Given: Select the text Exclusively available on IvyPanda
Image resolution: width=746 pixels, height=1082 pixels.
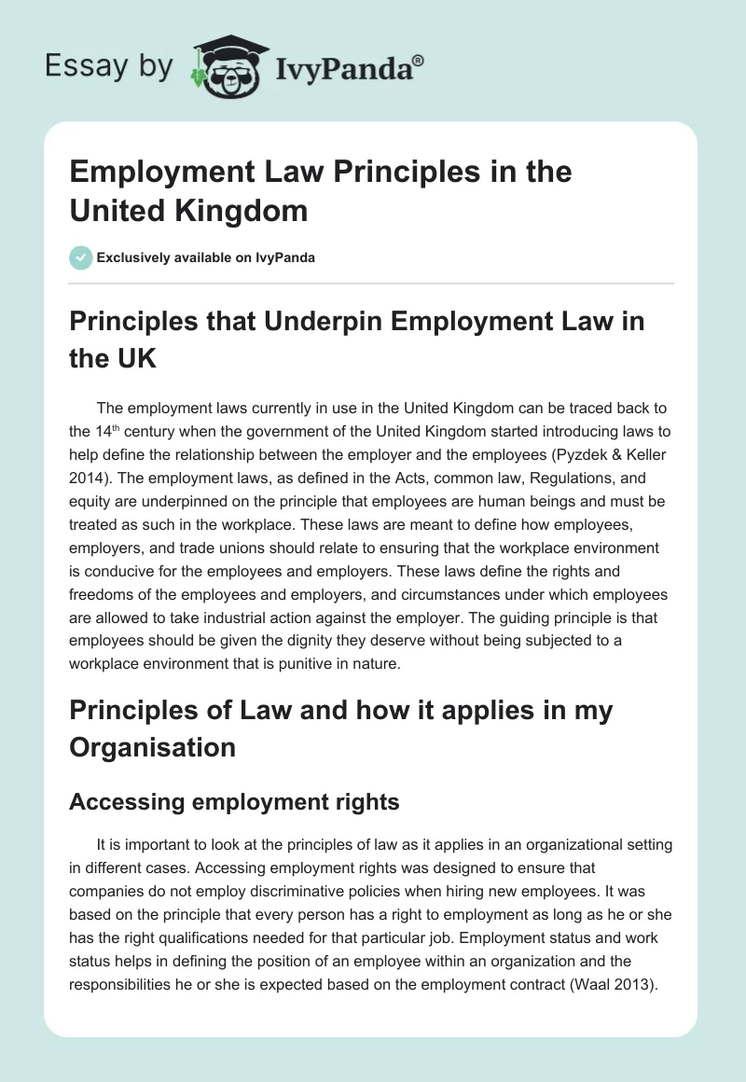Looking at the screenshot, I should pos(205,257).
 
